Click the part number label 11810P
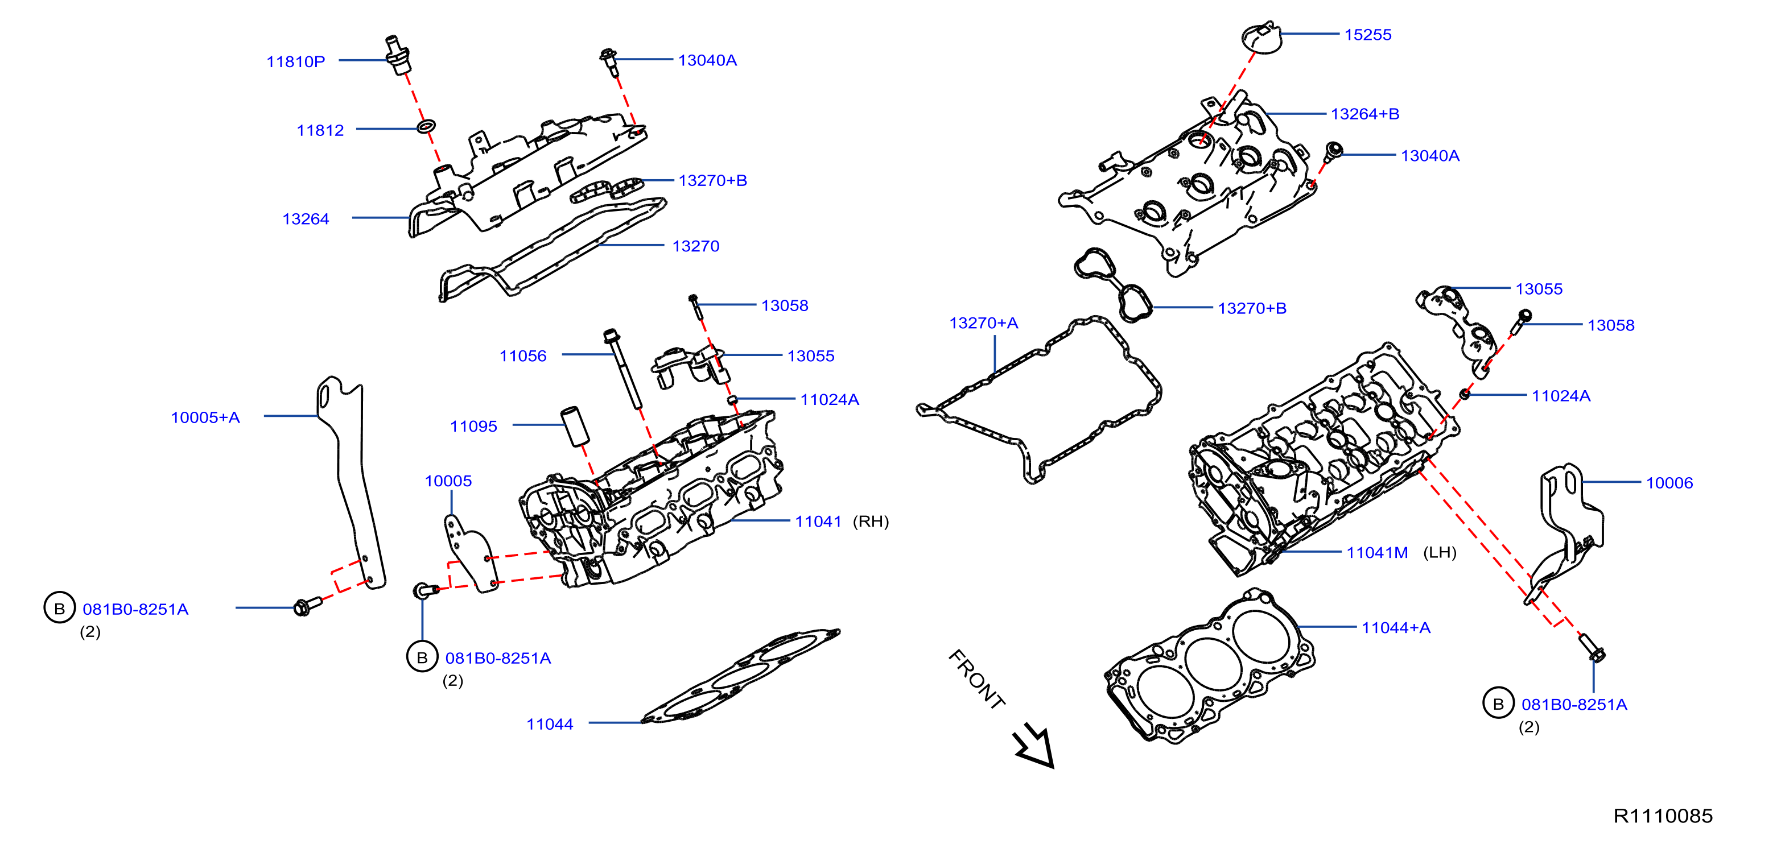tap(295, 61)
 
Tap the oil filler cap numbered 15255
tap(1261, 38)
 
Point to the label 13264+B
tap(1365, 114)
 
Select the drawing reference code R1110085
tap(1663, 816)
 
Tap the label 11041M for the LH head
tap(1376, 552)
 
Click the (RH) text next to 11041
tap(871, 521)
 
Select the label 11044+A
tap(1396, 628)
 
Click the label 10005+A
tap(205, 417)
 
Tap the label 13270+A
tap(983, 323)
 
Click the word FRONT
tap(976, 680)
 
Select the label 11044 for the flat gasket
tap(550, 725)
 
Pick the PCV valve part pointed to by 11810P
tap(398, 54)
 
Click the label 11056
tap(523, 356)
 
